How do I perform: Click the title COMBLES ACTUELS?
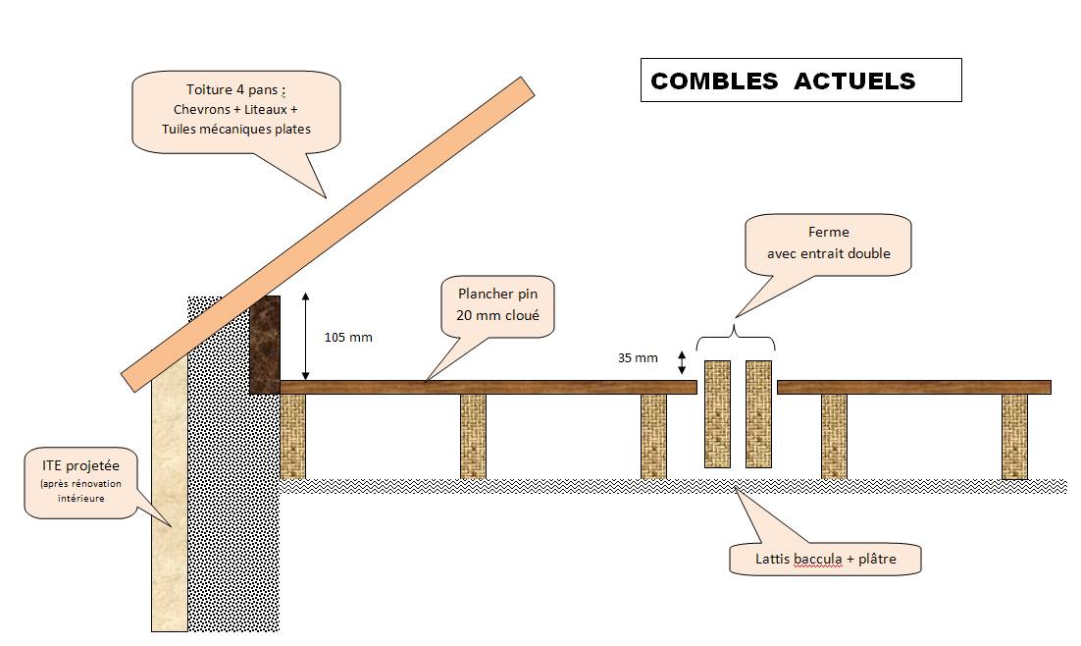[x=783, y=81]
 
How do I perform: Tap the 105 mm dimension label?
[x=347, y=337]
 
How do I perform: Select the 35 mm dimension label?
[x=638, y=358]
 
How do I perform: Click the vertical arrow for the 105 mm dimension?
[x=306, y=336]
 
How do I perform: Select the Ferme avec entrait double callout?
[x=828, y=244]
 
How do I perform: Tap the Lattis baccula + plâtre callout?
[x=826, y=560]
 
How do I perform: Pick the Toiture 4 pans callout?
[x=235, y=110]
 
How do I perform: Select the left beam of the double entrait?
[x=718, y=413]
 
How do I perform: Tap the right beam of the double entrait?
[x=759, y=413]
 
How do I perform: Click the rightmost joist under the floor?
[x=1014, y=436]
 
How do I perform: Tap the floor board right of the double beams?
[x=912, y=387]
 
